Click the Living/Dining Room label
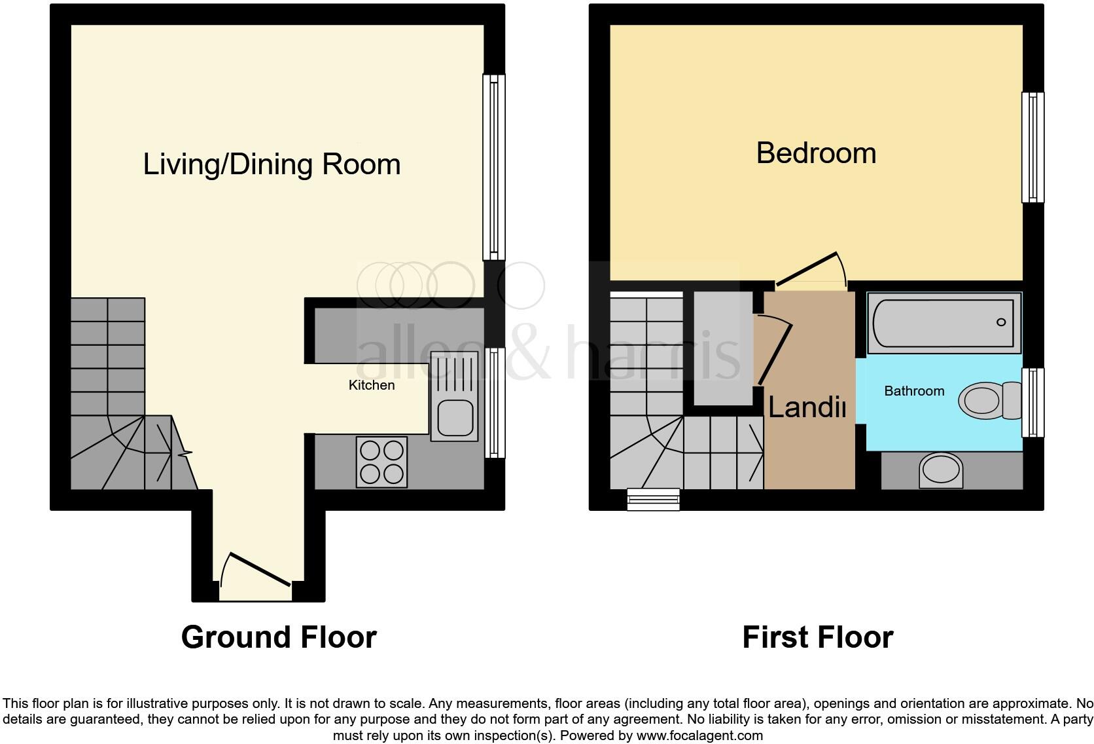point(272,164)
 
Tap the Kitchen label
point(371,385)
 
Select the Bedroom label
point(816,153)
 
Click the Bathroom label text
point(914,391)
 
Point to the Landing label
point(807,407)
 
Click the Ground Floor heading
point(279,637)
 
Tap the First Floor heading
point(817,637)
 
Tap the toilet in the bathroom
point(988,400)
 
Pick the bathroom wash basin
point(942,470)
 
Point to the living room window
point(494,167)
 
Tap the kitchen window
point(494,403)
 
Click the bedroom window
point(1032,147)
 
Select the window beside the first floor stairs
point(653,499)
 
